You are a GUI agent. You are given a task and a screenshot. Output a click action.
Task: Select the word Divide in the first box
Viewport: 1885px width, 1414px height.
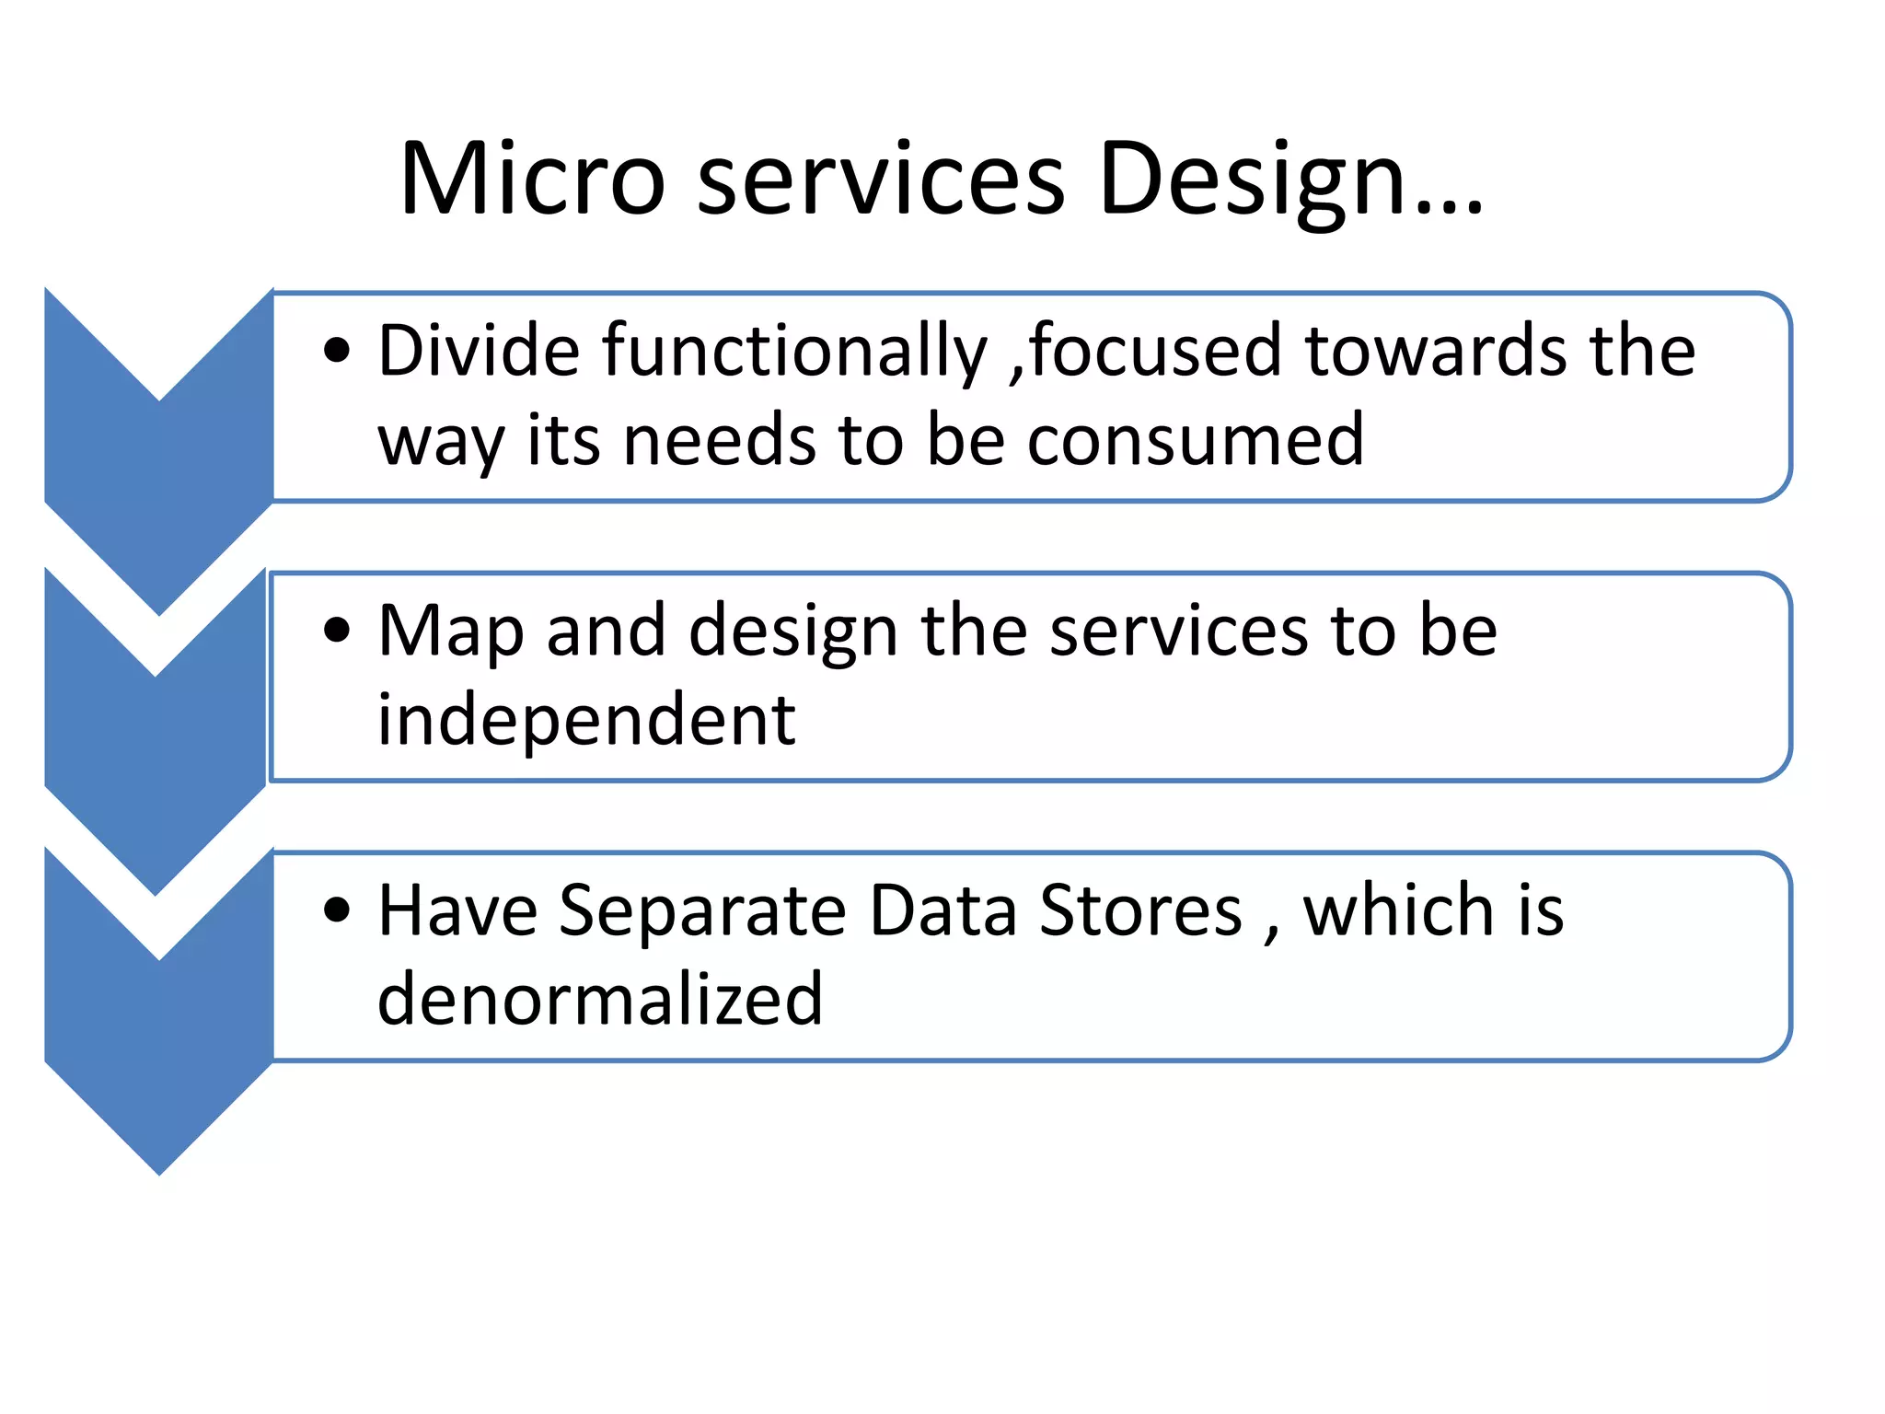[479, 351]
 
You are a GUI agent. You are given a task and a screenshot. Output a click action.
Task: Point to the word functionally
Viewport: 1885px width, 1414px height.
[794, 353]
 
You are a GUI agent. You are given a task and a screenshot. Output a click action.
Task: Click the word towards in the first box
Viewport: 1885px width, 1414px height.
[1435, 351]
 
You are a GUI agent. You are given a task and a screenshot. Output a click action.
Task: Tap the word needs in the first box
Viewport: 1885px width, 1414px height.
[719, 440]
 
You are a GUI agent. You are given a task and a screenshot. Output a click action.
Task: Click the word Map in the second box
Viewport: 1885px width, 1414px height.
[451, 632]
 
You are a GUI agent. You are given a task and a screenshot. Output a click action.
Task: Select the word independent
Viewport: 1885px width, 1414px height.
[586, 721]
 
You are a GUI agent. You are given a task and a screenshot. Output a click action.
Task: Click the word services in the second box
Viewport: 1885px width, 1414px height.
[1179, 632]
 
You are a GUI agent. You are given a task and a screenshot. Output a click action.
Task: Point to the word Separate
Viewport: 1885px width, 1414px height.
[702, 911]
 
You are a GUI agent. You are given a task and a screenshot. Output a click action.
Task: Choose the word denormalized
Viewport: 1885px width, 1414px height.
[600, 1000]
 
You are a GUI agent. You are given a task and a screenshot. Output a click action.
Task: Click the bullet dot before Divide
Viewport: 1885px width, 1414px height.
[338, 351]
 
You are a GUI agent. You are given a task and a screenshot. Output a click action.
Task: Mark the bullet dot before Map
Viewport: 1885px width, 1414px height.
[338, 631]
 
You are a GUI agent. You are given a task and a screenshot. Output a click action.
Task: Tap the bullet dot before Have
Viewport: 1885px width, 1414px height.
[338, 910]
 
